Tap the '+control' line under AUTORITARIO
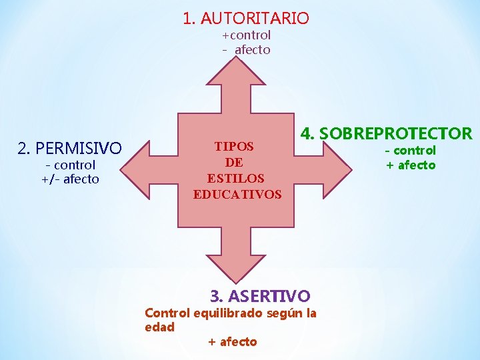(x=246, y=35)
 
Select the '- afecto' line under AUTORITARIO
(x=246, y=50)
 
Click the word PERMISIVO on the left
(x=79, y=147)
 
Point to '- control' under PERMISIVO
(x=70, y=165)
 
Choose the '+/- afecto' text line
(x=70, y=179)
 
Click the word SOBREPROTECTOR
(x=396, y=134)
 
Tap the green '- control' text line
(x=410, y=151)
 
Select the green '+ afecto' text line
(x=410, y=165)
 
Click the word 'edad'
(x=159, y=327)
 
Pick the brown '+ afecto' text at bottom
(x=232, y=342)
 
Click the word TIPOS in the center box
(x=234, y=146)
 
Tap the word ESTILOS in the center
(x=235, y=179)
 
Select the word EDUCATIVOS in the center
(x=237, y=195)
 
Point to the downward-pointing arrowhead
(x=237, y=267)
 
